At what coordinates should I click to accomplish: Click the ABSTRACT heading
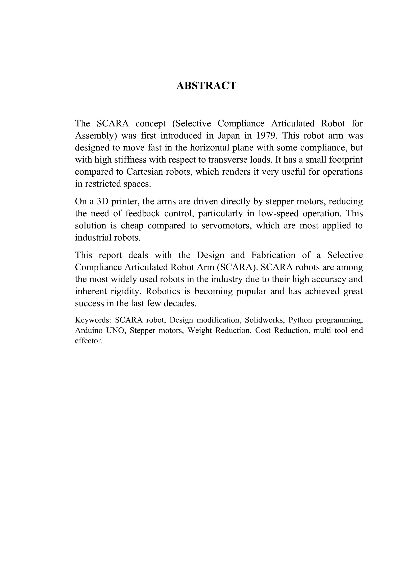click(x=206, y=86)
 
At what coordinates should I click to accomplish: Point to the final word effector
click(x=89, y=341)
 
